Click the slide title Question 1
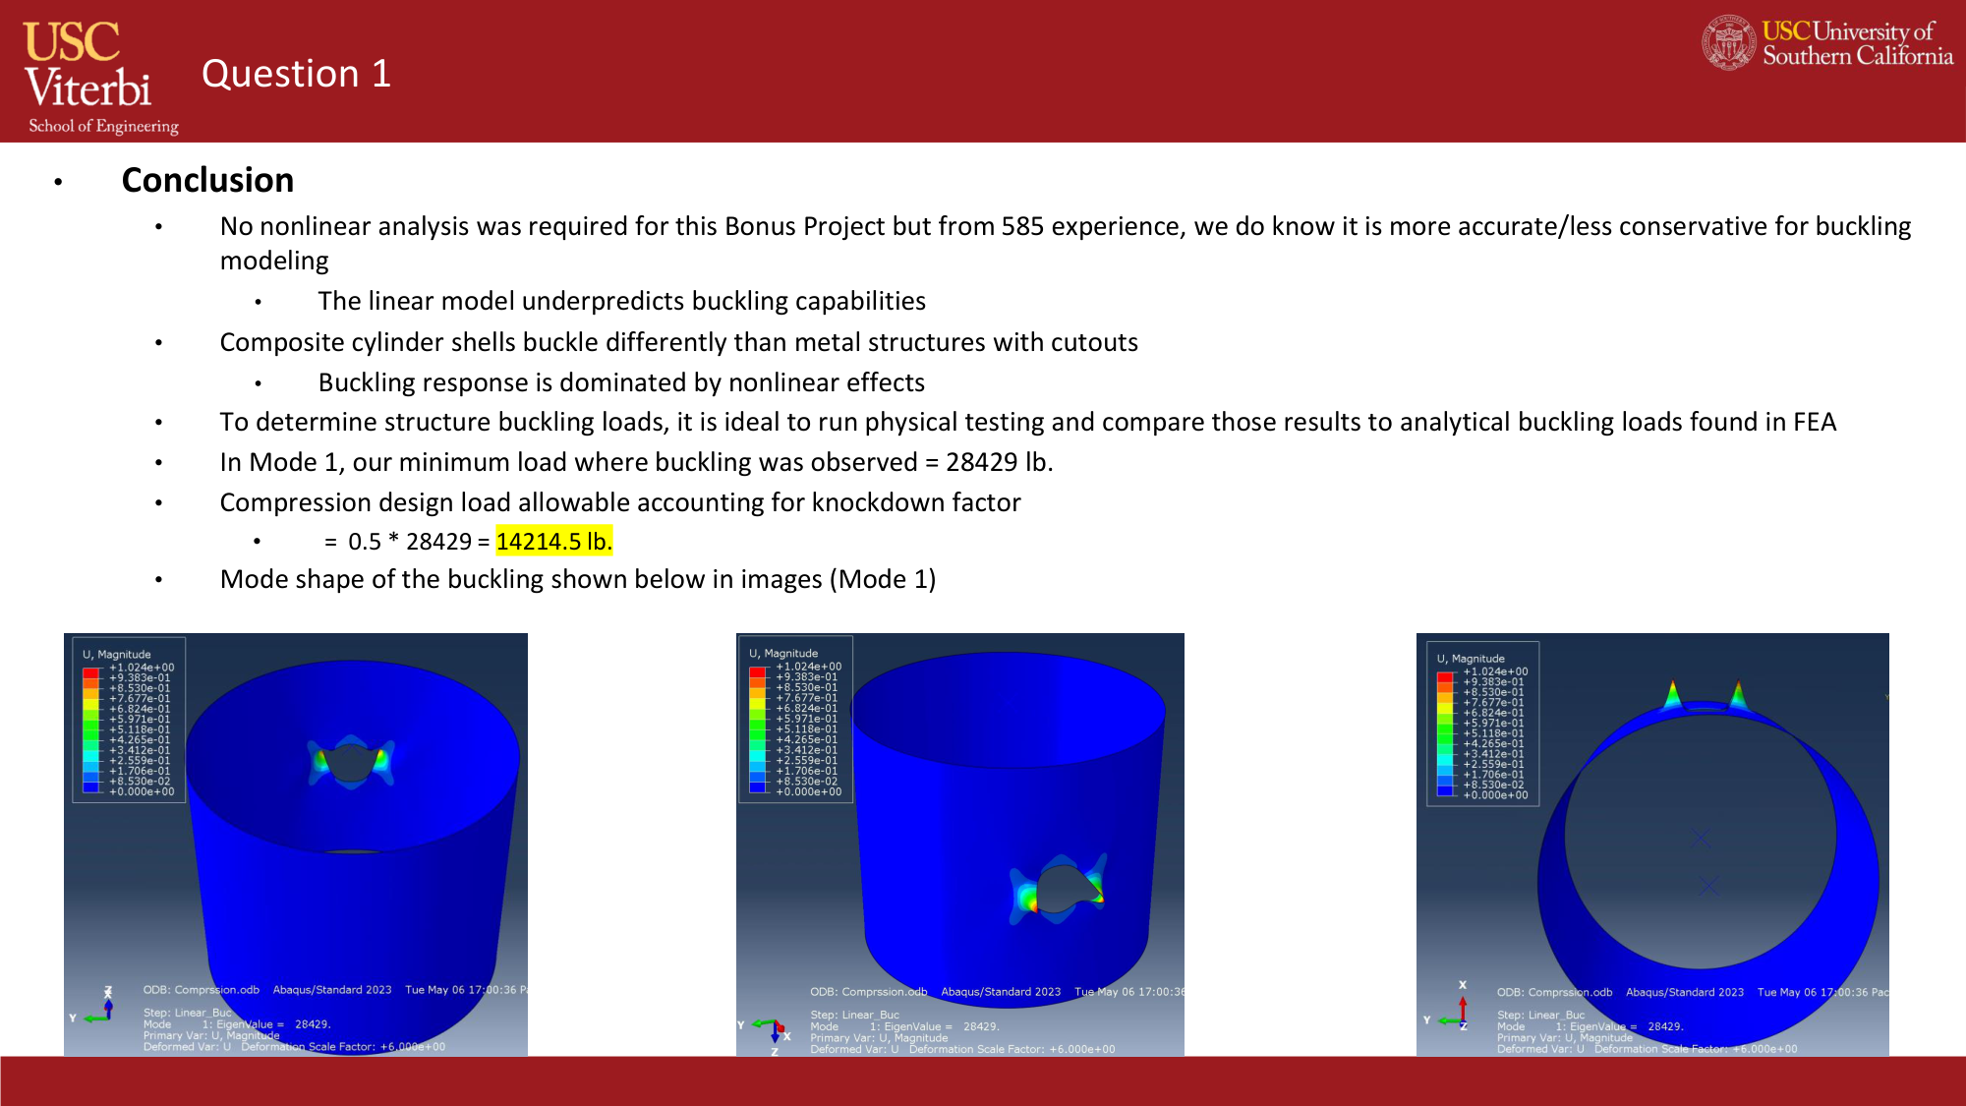click(296, 74)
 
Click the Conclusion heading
click(207, 180)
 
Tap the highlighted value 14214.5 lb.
click(553, 542)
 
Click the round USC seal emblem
click(1728, 42)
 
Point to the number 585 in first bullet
click(1021, 227)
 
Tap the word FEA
click(1814, 422)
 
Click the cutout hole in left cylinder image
click(349, 763)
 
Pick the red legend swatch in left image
click(91, 673)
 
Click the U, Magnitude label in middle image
click(783, 654)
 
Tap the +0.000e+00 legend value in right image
click(1495, 795)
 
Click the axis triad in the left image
click(100, 1009)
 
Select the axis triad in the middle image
click(774, 1030)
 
